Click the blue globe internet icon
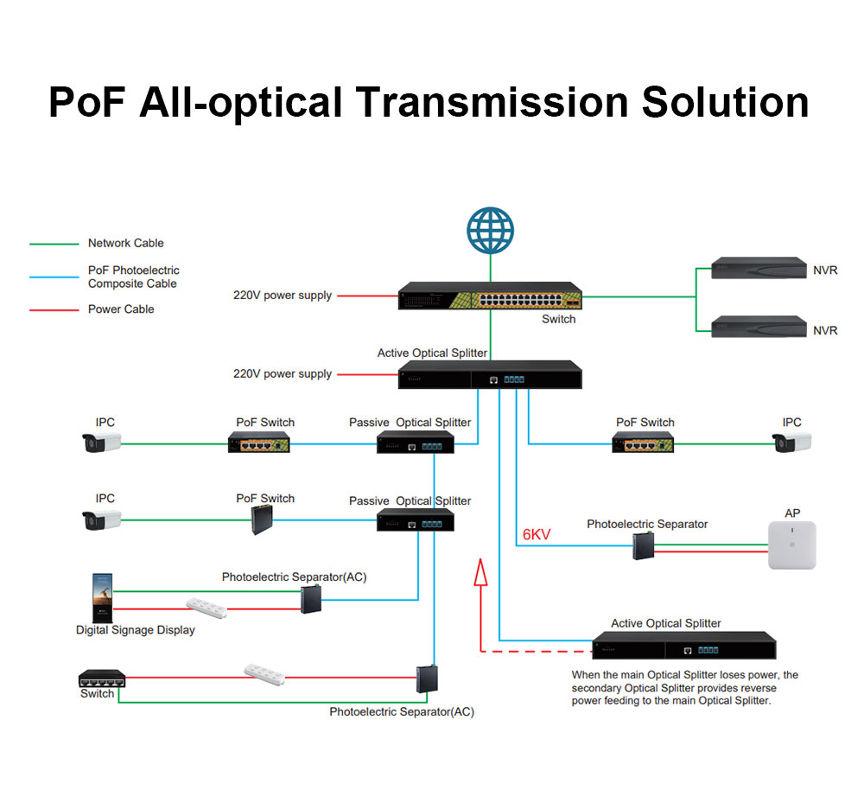coord(490,231)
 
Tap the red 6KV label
coord(537,534)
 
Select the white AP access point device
coord(791,545)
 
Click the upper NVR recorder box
coord(759,268)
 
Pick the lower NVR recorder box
coord(759,327)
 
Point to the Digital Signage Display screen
coord(103,598)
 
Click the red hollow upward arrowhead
coord(481,572)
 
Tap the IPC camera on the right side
coord(791,443)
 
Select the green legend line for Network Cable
coord(54,244)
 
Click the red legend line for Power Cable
coord(54,310)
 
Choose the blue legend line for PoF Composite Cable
coord(54,277)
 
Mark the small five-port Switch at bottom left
coord(102,679)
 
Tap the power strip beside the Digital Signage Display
coord(206,608)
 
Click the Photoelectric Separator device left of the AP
coord(643,546)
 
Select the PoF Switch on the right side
coord(643,443)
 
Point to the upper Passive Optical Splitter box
coord(416,443)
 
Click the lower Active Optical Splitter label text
coord(665,623)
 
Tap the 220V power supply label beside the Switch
coord(283,296)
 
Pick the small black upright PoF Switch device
coord(263,519)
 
